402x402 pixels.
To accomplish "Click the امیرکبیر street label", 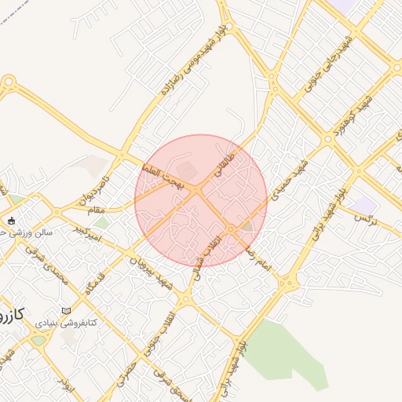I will pyautogui.click(x=87, y=232).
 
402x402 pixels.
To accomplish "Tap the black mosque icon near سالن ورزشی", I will pyautogui.click(x=10, y=221).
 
